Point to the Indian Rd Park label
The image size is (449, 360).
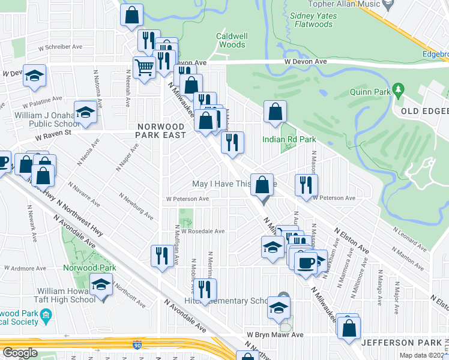pos(289,139)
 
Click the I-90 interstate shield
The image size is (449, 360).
pos(137,344)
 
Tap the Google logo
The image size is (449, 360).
pos(20,353)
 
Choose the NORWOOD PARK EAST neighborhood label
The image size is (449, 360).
pos(164,126)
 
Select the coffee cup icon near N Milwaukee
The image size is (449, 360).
pos(306,262)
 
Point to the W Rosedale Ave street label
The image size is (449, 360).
pos(203,231)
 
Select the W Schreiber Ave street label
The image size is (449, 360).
pos(60,46)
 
